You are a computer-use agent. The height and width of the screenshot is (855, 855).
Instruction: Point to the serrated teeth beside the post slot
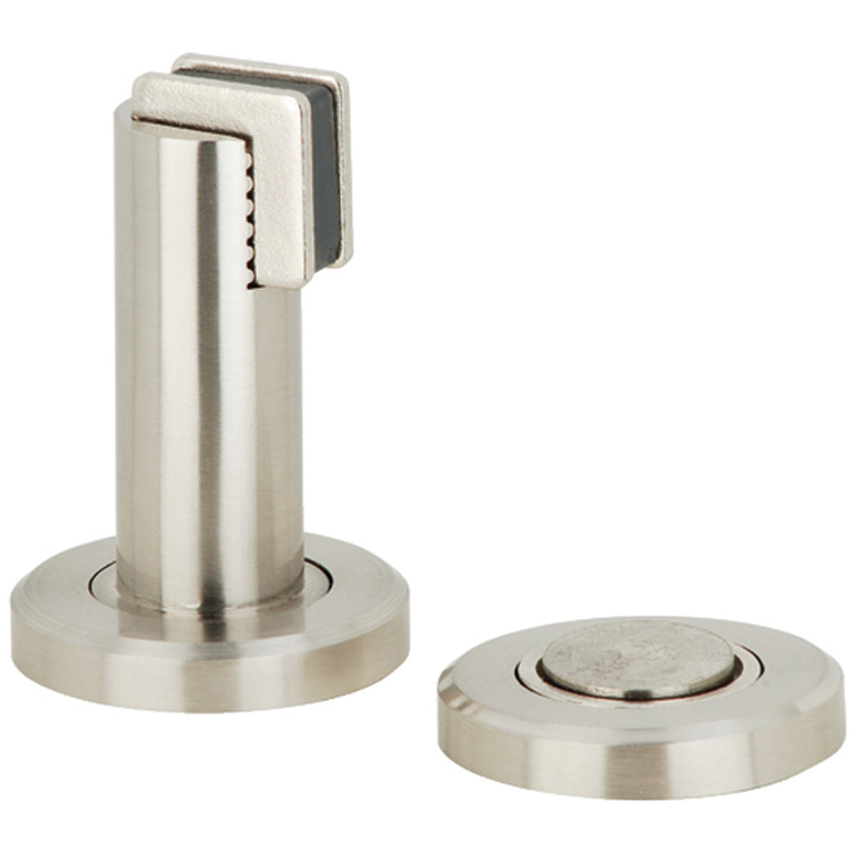(x=247, y=214)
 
